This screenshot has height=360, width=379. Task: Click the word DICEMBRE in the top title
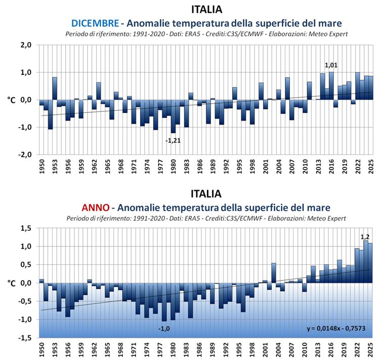click(95, 23)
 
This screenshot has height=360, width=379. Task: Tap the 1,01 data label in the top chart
click(331, 65)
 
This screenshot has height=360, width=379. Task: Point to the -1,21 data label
click(173, 140)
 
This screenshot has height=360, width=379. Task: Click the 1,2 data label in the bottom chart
click(364, 236)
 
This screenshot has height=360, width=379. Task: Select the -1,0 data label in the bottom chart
click(164, 329)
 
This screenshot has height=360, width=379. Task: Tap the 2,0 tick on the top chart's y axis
click(25, 45)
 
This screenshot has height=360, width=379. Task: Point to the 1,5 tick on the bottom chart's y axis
click(25, 228)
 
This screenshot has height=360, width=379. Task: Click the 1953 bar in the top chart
click(55, 88)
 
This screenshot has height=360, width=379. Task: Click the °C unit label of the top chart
click(12, 100)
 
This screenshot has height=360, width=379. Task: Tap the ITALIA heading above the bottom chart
click(206, 194)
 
